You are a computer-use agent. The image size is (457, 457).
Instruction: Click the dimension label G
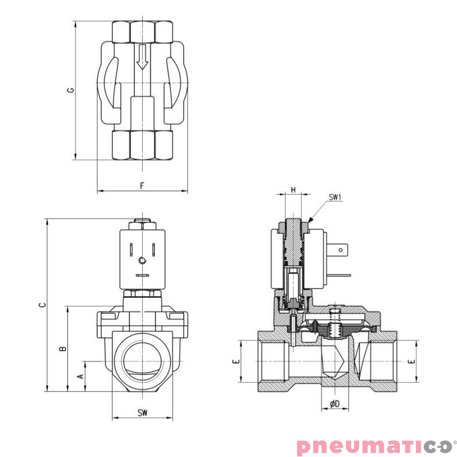click(x=70, y=90)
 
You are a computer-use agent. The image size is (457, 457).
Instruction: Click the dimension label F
click(x=142, y=186)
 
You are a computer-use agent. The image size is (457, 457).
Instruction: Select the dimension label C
click(x=41, y=305)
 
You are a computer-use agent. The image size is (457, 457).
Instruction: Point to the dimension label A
click(x=80, y=376)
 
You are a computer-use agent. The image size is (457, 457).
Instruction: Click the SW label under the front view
click(x=142, y=412)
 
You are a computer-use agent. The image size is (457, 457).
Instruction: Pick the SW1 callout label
click(x=335, y=198)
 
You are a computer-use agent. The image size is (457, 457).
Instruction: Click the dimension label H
click(x=293, y=190)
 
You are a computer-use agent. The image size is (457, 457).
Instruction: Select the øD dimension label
click(x=335, y=404)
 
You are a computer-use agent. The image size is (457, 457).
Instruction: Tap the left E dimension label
click(x=235, y=362)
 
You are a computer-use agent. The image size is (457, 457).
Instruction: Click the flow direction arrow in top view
click(x=142, y=58)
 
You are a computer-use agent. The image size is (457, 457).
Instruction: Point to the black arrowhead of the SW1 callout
click(x=310, y=220)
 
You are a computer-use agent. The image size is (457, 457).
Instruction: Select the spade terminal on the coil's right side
click(x=342, y=249)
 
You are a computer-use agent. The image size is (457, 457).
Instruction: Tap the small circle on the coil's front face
click(x=142, y=260)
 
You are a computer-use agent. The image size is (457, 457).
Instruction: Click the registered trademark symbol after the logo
click(x=454, y=440)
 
